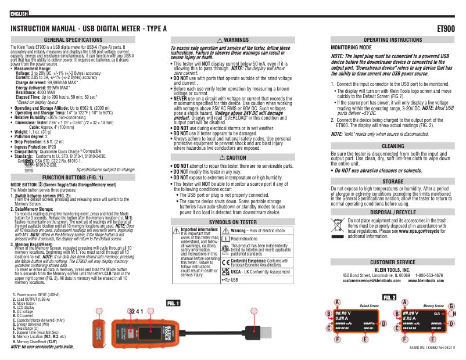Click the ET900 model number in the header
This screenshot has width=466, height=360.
coord(446,28)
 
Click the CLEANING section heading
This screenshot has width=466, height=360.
coord(393,146)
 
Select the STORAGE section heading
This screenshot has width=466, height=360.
coord(393,182)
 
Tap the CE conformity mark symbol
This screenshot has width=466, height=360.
coord(225,262)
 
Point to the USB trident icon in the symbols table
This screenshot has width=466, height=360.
coord(226,280)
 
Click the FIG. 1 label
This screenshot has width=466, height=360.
coord(174,303)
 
